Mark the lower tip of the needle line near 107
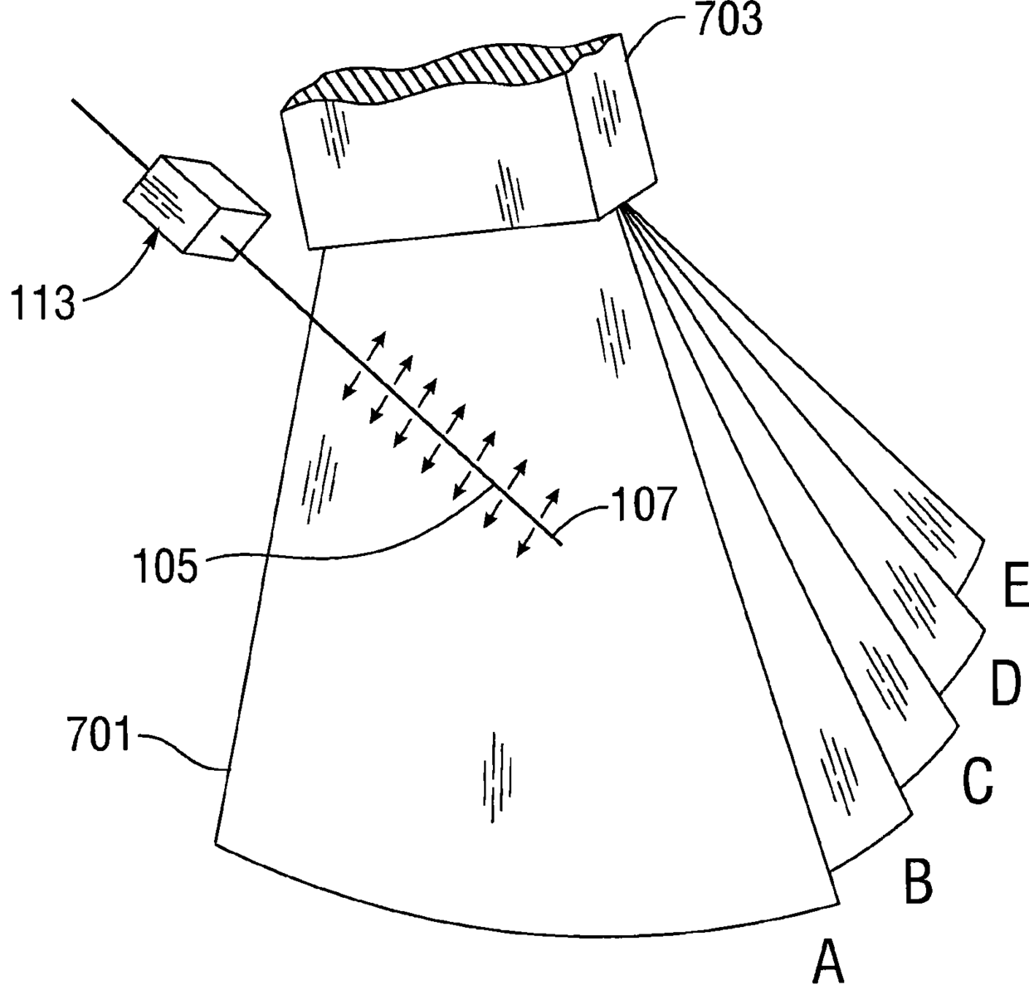563,544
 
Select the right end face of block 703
619,119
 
